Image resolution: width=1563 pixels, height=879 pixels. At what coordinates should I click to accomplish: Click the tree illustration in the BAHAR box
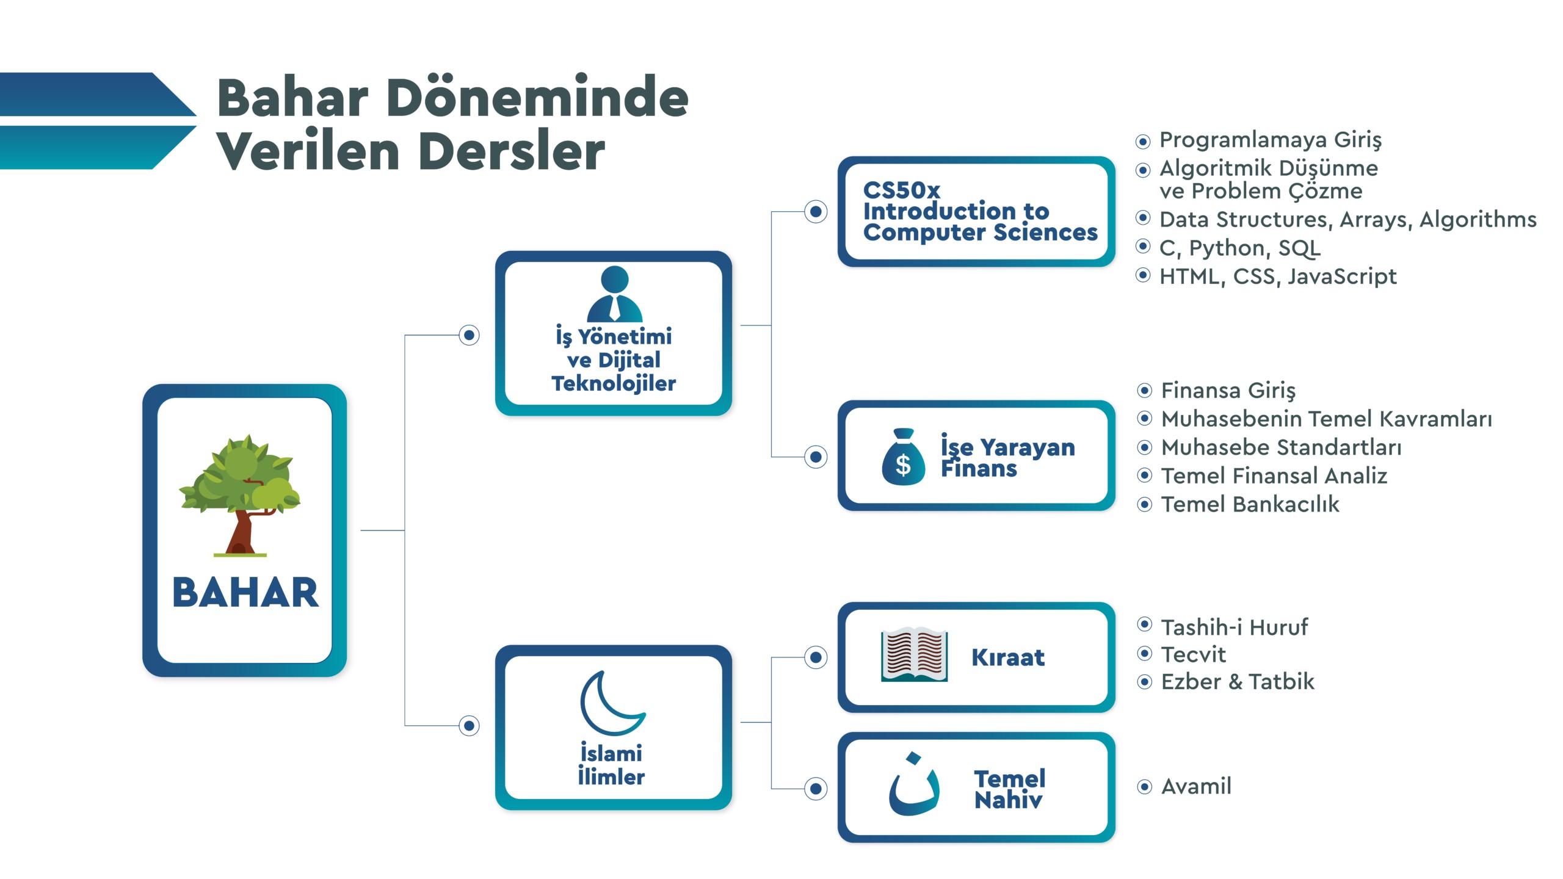coord(241,494)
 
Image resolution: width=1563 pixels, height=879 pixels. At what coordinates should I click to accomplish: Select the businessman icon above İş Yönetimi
coord(614,294)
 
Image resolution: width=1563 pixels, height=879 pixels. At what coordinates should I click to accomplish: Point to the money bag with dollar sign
coord(903,458)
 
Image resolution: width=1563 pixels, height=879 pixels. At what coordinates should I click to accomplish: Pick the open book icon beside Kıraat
coord(914,656)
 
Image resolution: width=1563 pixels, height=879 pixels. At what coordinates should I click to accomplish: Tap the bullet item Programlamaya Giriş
coord(1270,140)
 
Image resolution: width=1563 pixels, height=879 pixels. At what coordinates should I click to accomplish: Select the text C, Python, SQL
coord(1239,248)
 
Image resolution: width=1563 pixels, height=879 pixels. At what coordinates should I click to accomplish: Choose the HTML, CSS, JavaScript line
coord(1277,277)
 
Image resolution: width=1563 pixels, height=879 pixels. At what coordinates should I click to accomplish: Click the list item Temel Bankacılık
coord(1250,504)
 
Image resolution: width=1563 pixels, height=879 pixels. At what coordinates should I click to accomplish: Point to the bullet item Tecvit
coord(1193,654)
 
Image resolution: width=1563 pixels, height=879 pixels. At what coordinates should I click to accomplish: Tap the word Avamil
coord(1196,786)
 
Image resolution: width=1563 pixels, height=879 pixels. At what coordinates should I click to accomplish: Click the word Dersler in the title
coord(512,151)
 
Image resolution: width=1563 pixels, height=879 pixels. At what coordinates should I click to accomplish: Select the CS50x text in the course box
coord(901,190)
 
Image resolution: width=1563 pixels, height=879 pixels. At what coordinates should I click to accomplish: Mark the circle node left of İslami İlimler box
coord(469,725)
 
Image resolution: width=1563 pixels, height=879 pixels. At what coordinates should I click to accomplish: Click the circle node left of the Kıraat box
coord(816,657)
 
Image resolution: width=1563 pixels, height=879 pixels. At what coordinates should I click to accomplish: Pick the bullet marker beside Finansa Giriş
coord(1145,390)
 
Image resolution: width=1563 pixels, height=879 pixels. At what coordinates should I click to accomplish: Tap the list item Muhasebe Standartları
coord(1281,447)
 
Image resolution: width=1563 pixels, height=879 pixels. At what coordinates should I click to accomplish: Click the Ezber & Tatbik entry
coord(1237,681)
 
